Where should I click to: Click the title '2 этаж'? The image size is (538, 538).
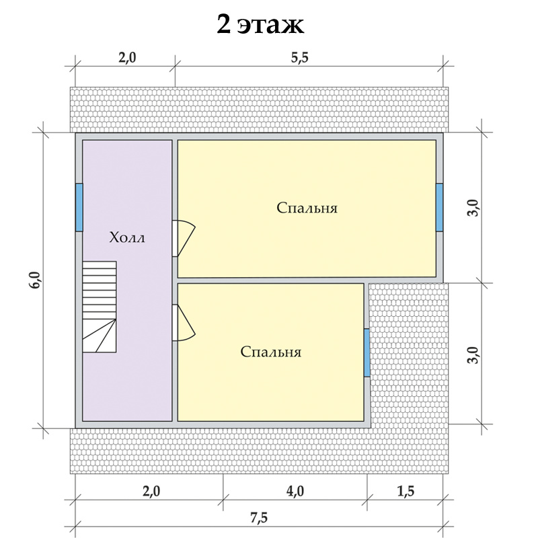click(260, 25)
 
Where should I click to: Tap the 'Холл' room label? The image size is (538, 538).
click(127, 237)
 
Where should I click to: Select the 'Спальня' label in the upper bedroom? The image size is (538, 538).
click(307, 208)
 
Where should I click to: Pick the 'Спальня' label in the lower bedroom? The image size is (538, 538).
click(270, 352)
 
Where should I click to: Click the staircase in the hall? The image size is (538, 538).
click(99, 307)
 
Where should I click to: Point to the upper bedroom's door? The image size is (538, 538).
click(183, 238)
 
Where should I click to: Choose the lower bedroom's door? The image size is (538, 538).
click(183, 323)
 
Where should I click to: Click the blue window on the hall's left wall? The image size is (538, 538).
click(79, 207)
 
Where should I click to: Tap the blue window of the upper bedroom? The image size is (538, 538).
click(439, 207)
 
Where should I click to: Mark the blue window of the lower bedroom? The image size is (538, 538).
click(367, 352)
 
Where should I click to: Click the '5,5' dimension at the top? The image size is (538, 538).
click(300, 58)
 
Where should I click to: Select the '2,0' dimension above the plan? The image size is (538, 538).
click(127, 58)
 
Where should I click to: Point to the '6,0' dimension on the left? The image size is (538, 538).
click(36, 280)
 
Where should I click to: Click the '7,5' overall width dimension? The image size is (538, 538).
click(258, 518)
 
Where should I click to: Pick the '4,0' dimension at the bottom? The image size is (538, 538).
click(295, 492)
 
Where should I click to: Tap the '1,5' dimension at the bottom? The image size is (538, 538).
click(406, 492)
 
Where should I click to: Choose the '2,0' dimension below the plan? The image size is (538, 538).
click(151, 492)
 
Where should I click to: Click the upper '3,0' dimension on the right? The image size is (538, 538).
click(474, 208)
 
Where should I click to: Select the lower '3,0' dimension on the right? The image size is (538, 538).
click(474, 355)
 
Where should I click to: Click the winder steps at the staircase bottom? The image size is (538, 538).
click(99, 336)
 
